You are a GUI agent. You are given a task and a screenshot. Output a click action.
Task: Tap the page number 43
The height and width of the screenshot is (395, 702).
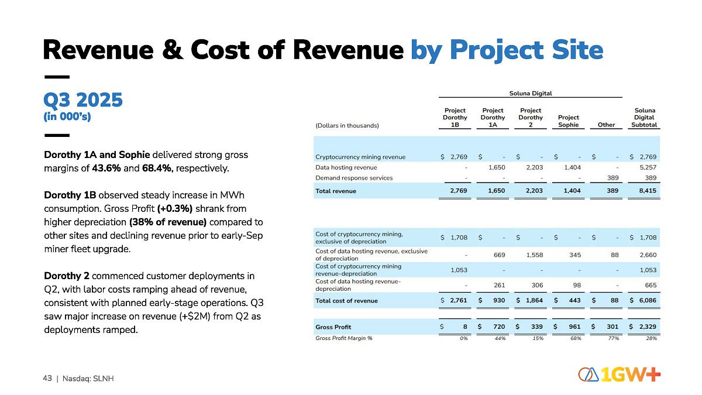[47, 378]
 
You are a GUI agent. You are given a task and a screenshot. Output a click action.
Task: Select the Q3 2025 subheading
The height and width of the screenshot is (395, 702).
[83, 101]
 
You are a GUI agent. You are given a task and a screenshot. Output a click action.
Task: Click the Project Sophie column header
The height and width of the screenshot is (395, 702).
[568, 121]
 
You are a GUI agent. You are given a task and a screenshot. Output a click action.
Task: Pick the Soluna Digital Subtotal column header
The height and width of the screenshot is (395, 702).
[644, 118]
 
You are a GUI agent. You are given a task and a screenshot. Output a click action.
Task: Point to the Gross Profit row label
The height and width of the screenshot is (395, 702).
[333, 327]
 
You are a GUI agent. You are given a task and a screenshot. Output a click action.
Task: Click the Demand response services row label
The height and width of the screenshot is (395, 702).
[354, 178]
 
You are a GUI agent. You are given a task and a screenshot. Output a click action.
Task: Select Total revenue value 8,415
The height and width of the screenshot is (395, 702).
[648, 191]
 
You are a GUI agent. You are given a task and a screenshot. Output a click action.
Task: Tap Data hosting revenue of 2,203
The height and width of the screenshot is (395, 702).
[534, 167]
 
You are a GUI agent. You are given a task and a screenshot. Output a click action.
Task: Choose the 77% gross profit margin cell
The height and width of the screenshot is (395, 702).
[612, 338]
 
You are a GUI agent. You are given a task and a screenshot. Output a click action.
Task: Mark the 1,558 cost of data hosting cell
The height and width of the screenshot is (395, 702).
[534, 255]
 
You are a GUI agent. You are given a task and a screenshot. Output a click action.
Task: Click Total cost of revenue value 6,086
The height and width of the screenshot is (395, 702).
[648, 301]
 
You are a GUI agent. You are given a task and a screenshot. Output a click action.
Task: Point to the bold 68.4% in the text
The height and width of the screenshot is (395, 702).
[157, 169]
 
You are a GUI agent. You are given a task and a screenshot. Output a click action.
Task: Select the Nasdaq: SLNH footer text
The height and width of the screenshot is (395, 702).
[88, 379]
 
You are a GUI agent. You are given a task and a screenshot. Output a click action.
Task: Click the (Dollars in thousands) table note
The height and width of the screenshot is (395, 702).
[347, 125]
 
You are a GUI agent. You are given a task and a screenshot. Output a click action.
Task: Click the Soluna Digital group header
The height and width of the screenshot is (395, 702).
[530, 93]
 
